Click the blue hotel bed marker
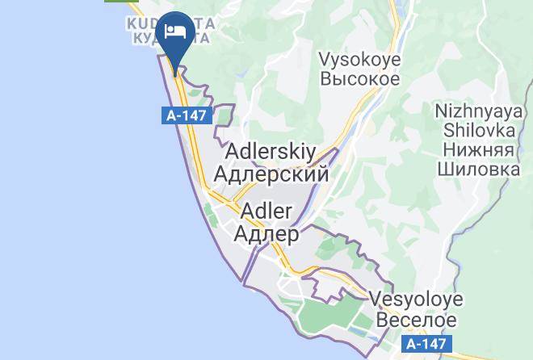pyautogui.click(x=175, y=34)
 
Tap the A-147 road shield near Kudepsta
pyautogui.click(x=186, y=115)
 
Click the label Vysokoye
pyautogui.click(x=359, y=59)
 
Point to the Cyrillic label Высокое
pyautogui.click(x=359, y=79)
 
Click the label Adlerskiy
pyautogui.click(x=271, y=152)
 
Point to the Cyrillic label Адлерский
pyautogui.click(x=271, y=174)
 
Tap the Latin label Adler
pyautogui.click(x=266, y=212)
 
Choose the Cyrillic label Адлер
pyautogui.click(x=266, y=234)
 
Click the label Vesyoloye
pyautogui.click(x=416, y=299)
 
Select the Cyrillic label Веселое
pyautogui.click(x=416, y=319)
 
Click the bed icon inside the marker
pyautogui.click(x=175, y=31)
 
